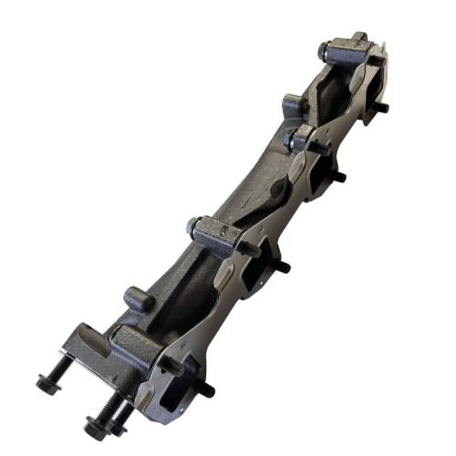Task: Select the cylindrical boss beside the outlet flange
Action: (x=137, y=298)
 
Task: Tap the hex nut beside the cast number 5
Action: (x=194, y=224)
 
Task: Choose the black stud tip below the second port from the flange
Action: (x=282, y=266)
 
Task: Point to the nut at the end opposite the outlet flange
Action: (x=326, y=50)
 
